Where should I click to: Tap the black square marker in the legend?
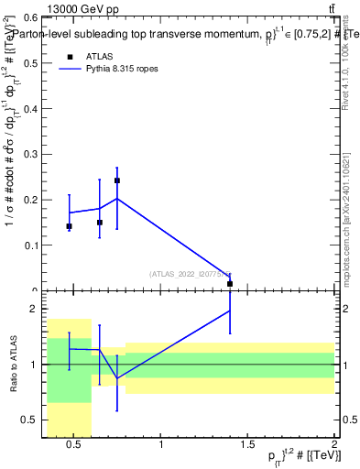(69, 57)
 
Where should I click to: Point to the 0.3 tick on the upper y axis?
(29, 154)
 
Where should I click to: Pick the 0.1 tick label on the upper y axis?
(29, 245)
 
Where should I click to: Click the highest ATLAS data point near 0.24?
(117, 180)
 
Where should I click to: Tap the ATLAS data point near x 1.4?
(230, 284)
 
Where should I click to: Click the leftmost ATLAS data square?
(69, 226)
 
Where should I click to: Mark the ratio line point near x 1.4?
(230, 311)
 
